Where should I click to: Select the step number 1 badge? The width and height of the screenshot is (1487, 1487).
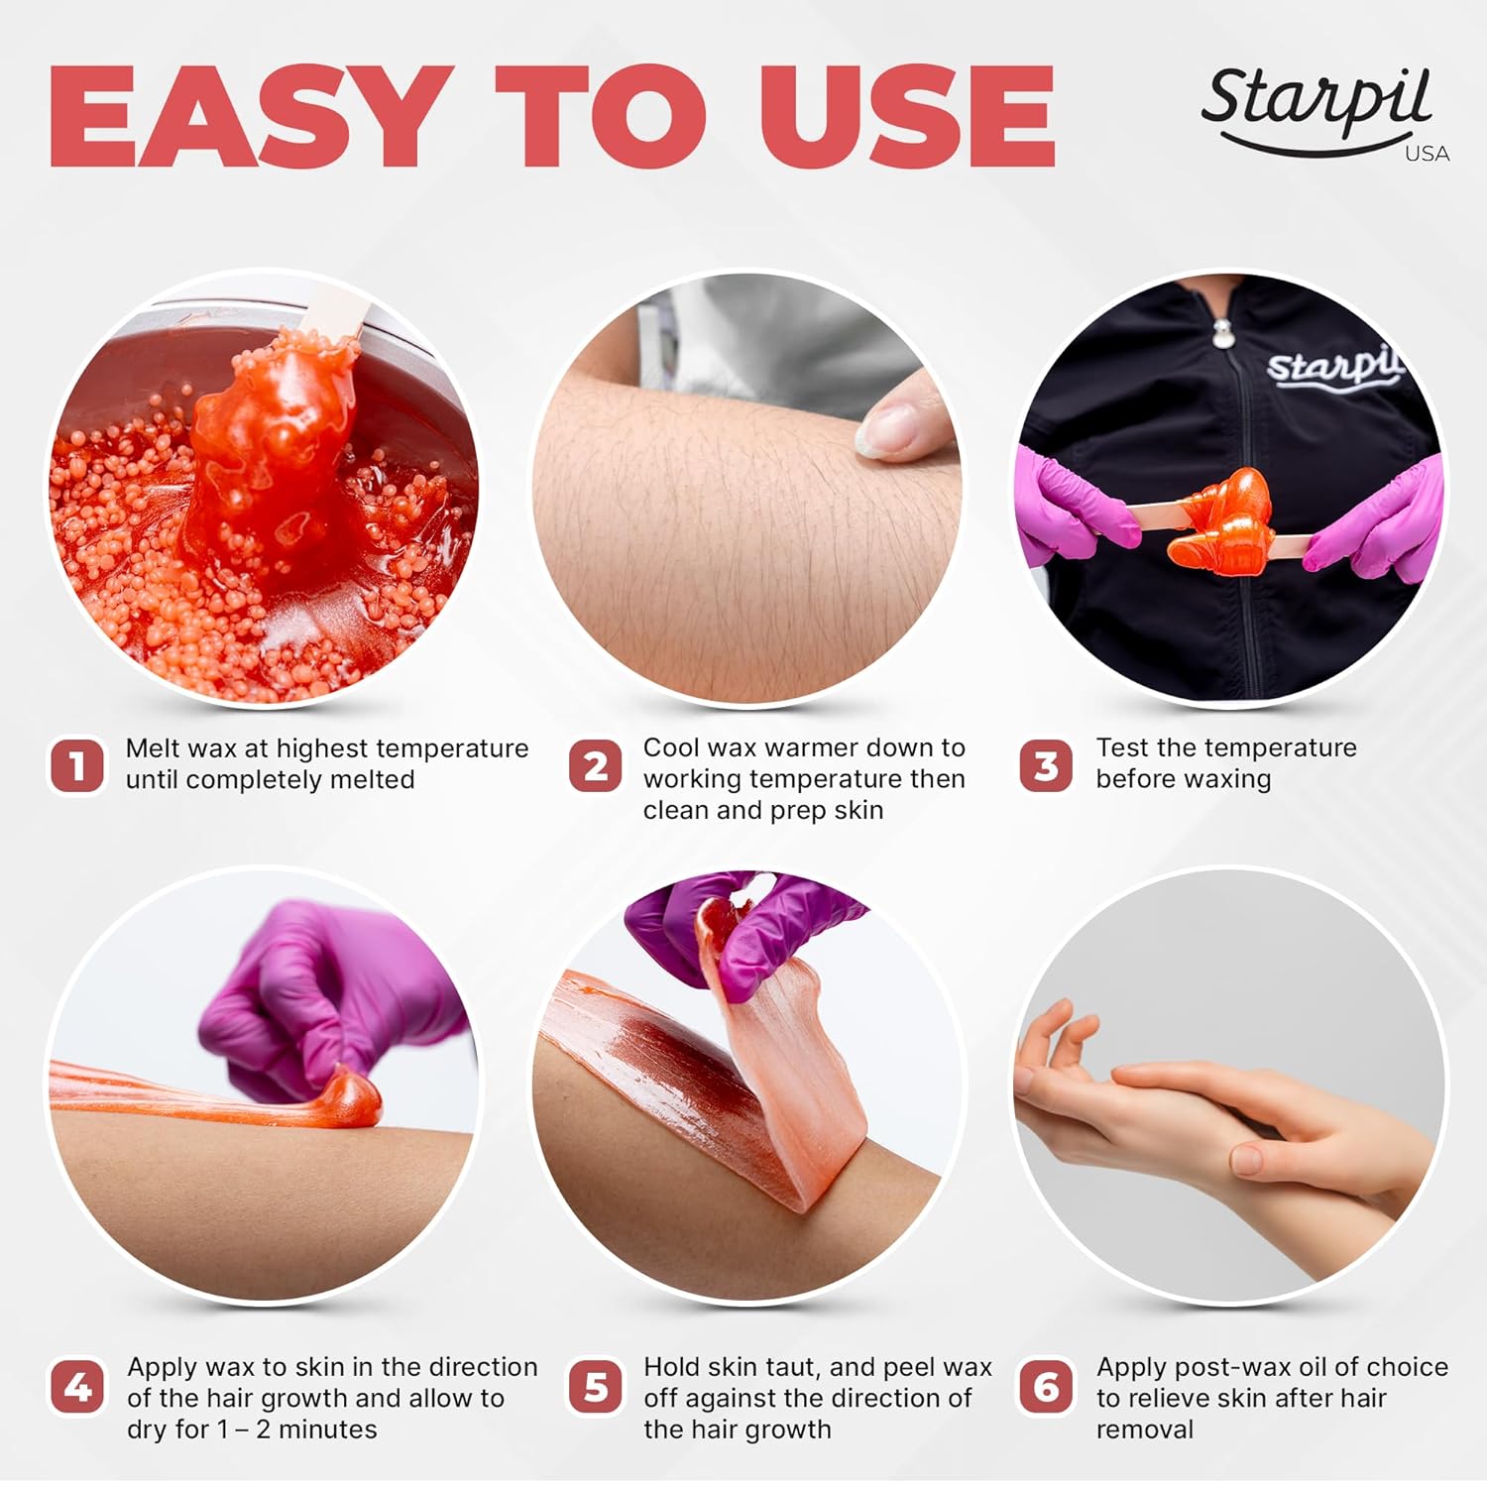tap(76, 765)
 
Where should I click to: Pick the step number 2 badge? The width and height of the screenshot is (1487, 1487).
tap(595, 765)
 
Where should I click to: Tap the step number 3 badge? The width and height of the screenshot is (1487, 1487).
tap(1045, 765)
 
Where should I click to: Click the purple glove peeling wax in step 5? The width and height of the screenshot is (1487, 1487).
tap(753, 932)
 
